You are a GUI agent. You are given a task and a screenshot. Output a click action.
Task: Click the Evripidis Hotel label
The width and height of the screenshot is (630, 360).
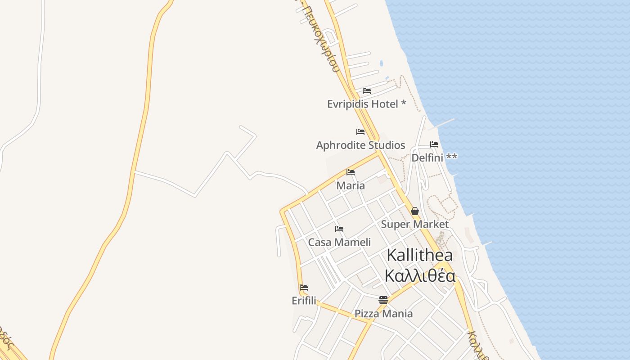[x=366, y=104]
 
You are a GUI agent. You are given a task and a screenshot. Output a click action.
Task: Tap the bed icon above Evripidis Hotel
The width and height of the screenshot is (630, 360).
[x=367, y=91]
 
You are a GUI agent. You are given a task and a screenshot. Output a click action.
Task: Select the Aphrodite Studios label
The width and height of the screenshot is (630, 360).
[x=360, y=145]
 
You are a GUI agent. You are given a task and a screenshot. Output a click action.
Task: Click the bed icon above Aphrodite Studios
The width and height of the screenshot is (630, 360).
[x=360, y=132]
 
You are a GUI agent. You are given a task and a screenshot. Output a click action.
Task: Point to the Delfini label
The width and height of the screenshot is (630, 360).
[x=434, y=157]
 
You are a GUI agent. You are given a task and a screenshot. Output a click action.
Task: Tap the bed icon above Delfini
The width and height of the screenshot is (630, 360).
[x=434, y=144]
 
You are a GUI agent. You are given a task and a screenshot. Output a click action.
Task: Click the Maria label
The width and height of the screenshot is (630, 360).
[x=351, y=185]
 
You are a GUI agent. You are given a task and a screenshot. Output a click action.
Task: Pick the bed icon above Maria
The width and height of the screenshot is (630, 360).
[x=351, y=172]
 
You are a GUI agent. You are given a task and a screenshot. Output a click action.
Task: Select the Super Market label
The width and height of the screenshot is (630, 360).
[x=414, y=224]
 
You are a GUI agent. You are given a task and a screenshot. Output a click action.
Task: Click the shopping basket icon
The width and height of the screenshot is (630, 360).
[x=415, y=211]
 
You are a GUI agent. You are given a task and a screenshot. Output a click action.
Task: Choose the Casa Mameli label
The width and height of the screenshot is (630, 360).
[x=339, y=242]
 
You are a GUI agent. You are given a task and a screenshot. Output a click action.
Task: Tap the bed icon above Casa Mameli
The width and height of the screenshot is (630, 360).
[x=339, y=229]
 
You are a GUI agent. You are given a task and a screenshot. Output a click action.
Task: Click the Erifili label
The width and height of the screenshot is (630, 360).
[x=304, y=301]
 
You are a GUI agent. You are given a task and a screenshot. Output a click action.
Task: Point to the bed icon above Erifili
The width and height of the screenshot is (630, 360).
[x=304, y=288]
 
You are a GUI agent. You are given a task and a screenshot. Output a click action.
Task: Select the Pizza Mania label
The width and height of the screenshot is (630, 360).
[x=383, y=314]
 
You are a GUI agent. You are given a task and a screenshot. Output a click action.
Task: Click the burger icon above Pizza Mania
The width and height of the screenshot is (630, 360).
[x=383, y=300]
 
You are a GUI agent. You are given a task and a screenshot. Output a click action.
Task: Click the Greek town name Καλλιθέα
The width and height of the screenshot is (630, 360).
[x=420, y=275]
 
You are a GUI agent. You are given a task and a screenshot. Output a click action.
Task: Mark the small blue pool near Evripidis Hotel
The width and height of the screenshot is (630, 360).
[x=382, y=63]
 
